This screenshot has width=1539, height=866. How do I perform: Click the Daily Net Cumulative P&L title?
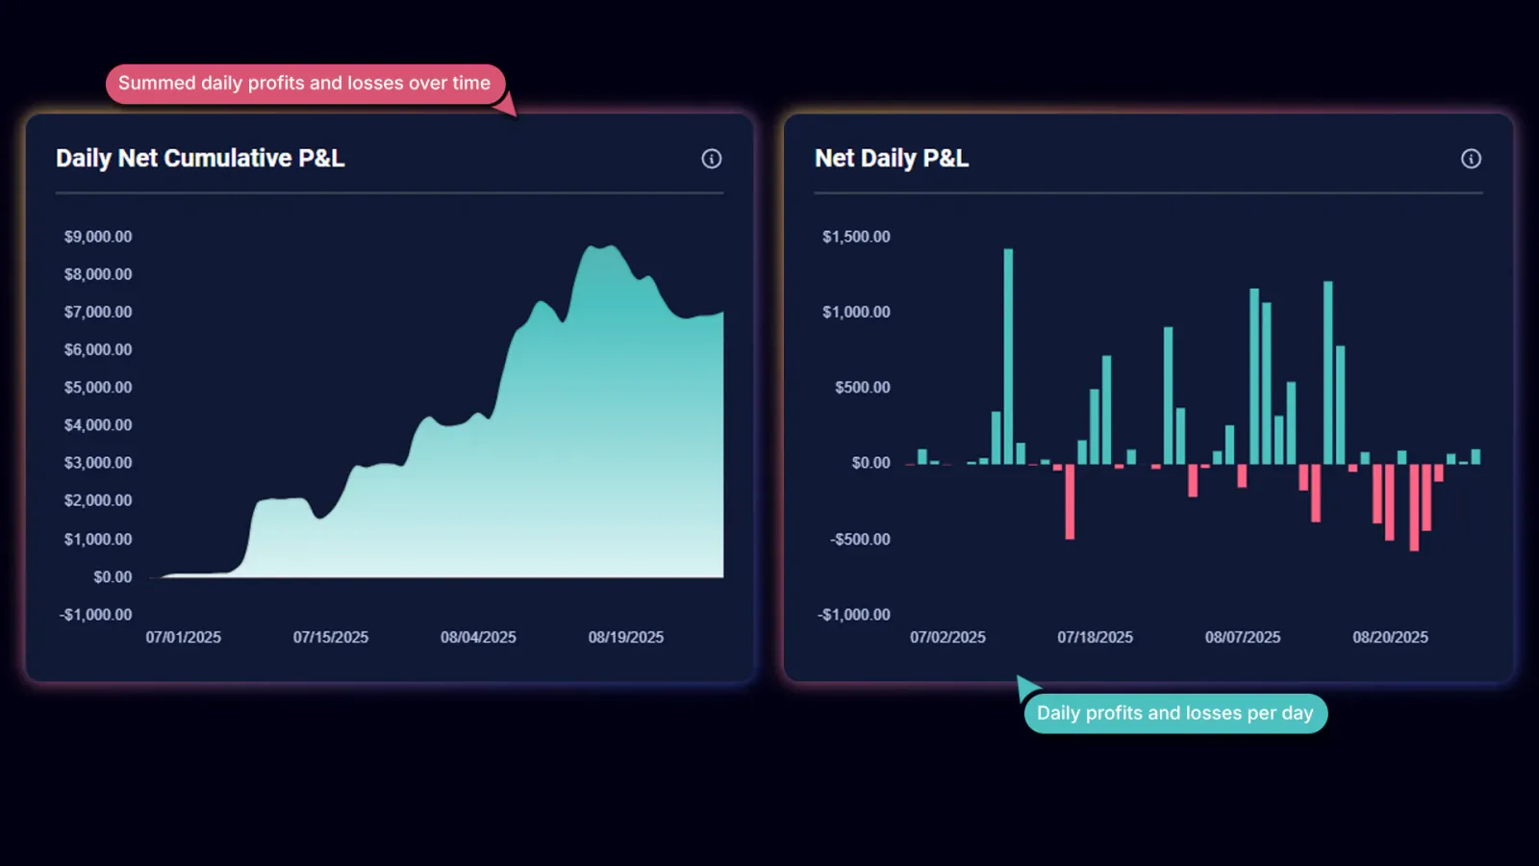pos(200,158)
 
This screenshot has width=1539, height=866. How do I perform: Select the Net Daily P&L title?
pos(891,158)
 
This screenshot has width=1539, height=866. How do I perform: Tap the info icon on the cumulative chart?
pos(711,159)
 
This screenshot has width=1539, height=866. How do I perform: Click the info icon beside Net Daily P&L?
pos(1471,159)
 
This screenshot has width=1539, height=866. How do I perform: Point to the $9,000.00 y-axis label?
pos(98,237)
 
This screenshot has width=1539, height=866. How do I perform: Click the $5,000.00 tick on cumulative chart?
pos(98,388)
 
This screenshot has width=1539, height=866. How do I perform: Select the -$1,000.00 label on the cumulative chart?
pos(96,615)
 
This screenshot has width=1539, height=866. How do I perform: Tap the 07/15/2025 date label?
pos(331,637)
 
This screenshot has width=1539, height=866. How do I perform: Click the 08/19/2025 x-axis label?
pos(626,637)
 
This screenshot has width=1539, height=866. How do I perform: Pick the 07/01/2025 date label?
pos(184,637)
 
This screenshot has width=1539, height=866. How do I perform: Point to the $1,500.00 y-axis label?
pos(856,237)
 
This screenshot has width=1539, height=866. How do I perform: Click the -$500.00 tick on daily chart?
pos(860,539)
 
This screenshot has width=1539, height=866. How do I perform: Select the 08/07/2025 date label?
pos(1243,637)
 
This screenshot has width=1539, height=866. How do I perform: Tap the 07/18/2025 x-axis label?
pos(1095,637)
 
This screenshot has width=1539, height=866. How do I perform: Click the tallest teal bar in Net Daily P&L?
pos(1008,356)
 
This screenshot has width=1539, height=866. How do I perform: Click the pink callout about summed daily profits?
pos(305,84)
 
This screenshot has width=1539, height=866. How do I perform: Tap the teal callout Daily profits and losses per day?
pos(1174,713)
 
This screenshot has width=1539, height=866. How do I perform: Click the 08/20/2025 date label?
pos(1390,637)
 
